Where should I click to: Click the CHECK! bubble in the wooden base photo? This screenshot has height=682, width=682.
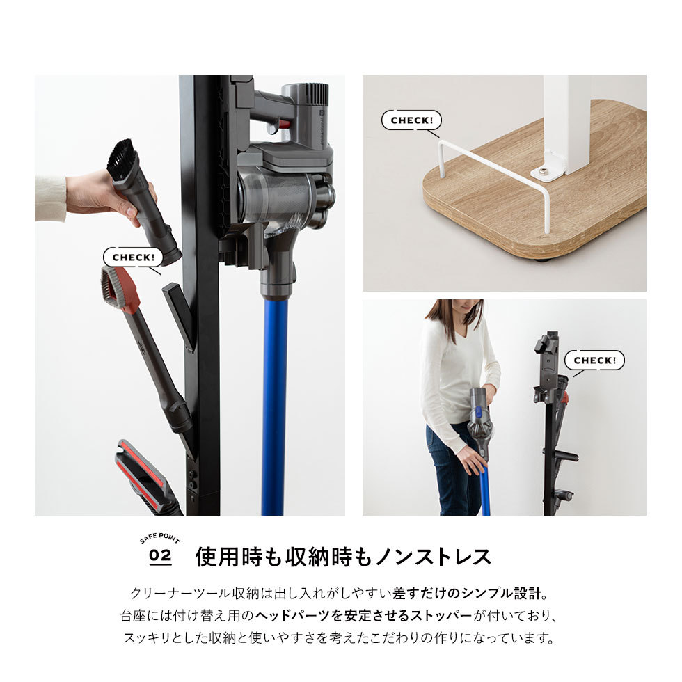(411, 120)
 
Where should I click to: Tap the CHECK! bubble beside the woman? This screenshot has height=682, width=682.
(594, 360)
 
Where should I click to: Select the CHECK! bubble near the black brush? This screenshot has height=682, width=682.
(133, 257)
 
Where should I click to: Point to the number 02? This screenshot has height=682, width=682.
(160, 557)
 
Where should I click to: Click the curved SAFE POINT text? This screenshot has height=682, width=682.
(160, 539)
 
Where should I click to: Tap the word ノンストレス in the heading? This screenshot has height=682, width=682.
(433, 557)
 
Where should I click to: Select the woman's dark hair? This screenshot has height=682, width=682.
(454, 317)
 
